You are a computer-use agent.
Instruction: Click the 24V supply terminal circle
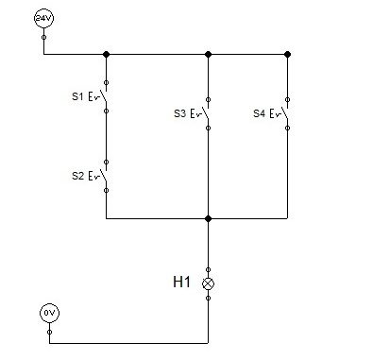point(43,18)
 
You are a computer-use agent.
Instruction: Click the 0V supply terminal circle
point(49,313)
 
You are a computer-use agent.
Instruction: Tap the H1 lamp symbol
point(208,283)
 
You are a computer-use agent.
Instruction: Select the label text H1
point(181,282)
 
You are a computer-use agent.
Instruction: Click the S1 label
point(77,96)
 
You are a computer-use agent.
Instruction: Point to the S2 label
point(77,176)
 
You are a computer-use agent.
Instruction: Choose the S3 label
point(179,113)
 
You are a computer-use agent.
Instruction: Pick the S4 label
point(259,113)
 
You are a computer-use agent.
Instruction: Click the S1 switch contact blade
point(104,95)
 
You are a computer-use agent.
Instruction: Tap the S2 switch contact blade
point(104,175)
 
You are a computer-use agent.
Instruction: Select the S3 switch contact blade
point(205,112)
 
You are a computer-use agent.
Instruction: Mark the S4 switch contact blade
point(284,112)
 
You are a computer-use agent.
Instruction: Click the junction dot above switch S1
point(106,54)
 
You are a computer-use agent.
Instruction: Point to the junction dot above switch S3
point(208,54)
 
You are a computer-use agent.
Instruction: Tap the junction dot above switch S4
point(287,54)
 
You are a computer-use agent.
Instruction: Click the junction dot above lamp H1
point(208,218)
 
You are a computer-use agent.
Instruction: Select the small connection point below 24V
point(43,37)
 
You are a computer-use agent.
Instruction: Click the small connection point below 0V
point(49,332)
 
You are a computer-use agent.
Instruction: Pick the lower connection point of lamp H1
point(208,298)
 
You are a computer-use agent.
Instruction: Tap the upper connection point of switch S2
point(106,162)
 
